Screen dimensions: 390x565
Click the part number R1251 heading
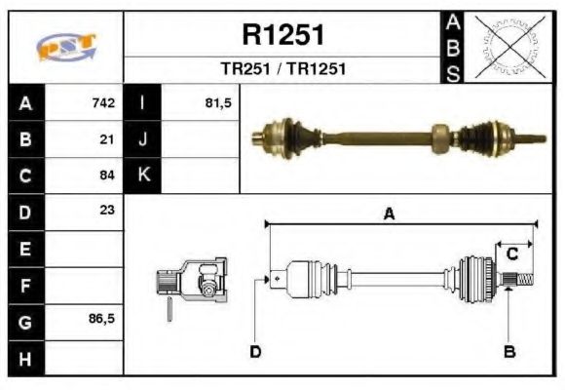pos(282,35)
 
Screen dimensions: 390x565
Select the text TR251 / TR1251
pos(282,69)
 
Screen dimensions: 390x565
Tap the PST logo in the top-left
pos(65,47)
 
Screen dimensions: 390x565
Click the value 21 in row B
pos(108,139)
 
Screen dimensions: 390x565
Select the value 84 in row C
pos(108,175)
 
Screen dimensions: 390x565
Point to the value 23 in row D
pos(108,211)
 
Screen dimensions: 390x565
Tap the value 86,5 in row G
pos(102,319)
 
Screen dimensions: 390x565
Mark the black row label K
pos(143,175)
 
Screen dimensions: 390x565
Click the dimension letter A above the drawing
pos(389,215)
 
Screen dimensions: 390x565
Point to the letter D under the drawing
pos(255,351)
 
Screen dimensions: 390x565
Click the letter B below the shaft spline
pos(508,351)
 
